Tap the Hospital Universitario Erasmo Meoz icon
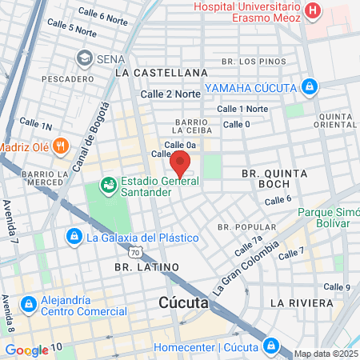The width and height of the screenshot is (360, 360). (x=313, y=12)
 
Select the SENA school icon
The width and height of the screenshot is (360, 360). (x=84, y=58)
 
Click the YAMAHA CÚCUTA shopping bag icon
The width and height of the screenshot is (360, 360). (x=310, y=86)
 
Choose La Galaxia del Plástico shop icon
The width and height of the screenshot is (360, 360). (x=74, y=237)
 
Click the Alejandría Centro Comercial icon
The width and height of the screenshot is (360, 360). (x=28, y=304)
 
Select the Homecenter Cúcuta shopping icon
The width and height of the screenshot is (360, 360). (x=271, y=346)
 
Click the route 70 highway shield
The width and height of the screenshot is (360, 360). (x=136, y=253)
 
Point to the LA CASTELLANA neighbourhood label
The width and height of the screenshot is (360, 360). (x=162, y=73)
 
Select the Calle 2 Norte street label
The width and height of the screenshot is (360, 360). (x=170, y=94)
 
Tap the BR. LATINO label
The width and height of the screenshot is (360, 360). (x=146, y=266)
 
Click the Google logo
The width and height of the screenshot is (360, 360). (x=26, y=350)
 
